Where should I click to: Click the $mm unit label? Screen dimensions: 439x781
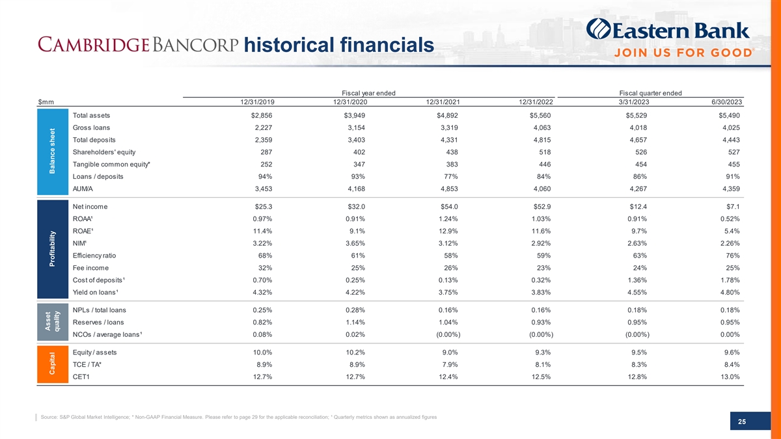click(x=46, y=102)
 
